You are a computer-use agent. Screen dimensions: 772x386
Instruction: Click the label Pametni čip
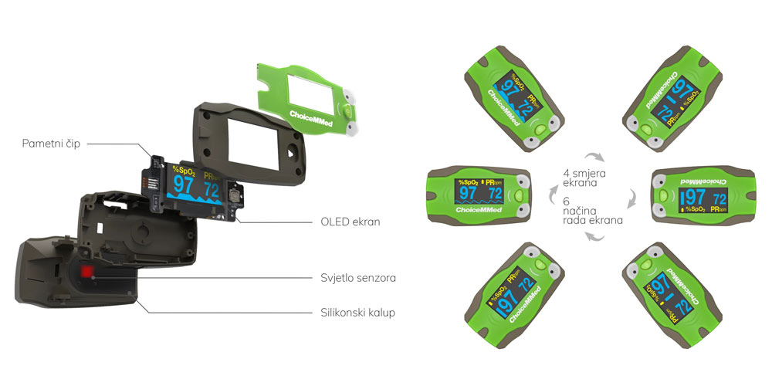(51, 144)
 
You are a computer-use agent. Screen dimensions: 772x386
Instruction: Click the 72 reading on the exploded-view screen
(212, 189)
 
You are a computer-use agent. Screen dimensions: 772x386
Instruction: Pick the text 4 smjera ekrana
(584, 178)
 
